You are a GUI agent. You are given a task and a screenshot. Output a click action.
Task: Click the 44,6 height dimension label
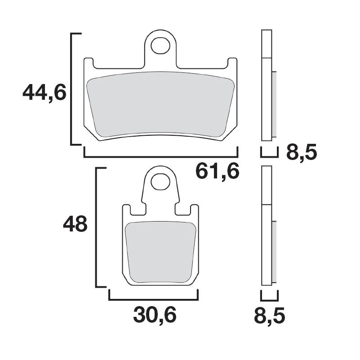(44, 93)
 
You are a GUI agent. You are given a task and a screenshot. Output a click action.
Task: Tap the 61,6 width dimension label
(217, 171)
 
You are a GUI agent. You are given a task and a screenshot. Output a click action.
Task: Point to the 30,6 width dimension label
(155, 315)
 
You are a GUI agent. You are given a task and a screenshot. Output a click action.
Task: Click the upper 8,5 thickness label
(302, 153)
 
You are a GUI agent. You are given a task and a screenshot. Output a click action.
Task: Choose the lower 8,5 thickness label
(270, 315)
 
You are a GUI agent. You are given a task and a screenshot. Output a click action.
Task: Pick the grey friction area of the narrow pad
(160, 252)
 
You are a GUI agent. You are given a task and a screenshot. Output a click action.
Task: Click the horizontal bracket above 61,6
(161, 157)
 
